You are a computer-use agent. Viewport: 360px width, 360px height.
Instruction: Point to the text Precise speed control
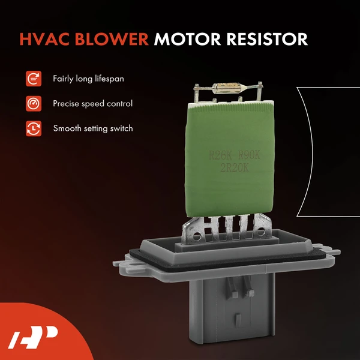(x=92, y=103)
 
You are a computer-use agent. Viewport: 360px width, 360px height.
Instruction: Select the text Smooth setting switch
(x=92, y=128)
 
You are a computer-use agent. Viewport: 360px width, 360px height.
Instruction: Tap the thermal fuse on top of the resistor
(x=229, y=91)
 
